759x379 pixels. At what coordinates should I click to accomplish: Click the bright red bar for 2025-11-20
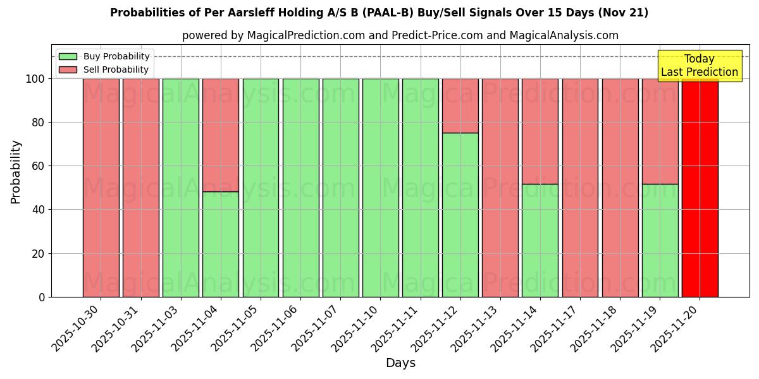[700, 189]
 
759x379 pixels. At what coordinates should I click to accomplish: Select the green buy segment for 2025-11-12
[460, 215]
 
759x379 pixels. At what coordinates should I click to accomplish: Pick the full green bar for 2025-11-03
[180, 188]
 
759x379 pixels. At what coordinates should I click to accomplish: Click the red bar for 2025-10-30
[101, 188]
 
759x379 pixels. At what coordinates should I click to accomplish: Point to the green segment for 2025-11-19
[660, 240]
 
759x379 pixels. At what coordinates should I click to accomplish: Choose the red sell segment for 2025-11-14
[540, 131]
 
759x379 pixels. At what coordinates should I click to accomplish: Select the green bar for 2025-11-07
[340, 188]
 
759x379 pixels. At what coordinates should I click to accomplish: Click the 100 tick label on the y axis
[35, 79]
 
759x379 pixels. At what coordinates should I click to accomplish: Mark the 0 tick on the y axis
[42, 297]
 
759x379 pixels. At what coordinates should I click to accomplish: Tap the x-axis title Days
[400, 363]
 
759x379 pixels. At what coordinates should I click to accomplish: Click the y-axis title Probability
[16, 171]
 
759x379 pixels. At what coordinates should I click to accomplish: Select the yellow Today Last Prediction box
[700, 66]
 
